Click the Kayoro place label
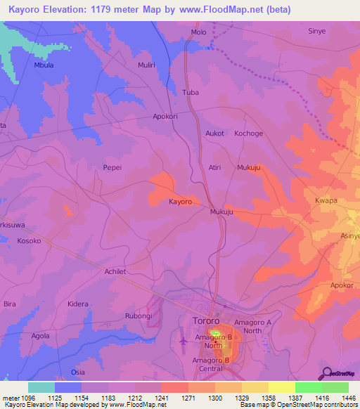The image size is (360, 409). (180, 202)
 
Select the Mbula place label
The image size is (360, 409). (44, 65)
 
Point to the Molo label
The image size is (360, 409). (199, 32)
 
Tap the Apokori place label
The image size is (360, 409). (165, 117)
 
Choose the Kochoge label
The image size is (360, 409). (248, 133)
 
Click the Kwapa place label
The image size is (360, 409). (326, 200)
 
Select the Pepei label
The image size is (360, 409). (112, 169)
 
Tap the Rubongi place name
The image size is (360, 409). (137, 316)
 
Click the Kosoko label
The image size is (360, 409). (29, 240)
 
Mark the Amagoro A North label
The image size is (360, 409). (257, 326)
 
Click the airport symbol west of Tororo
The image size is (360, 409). (184, 341)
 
